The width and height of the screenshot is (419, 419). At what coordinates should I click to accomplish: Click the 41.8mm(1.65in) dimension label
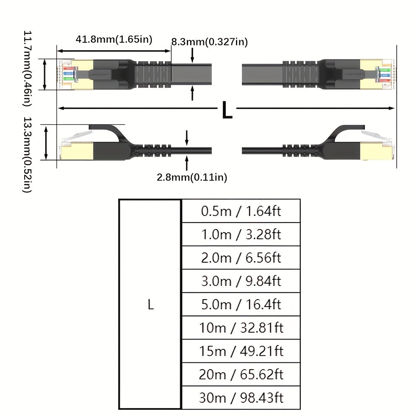tap(114, 40)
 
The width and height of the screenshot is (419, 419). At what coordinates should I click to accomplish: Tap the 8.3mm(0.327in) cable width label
tap(209, 42)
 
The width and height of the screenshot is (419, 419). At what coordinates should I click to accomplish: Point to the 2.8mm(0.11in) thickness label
tap(192, 177)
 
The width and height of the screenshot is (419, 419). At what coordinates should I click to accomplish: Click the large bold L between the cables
tap(227, 110)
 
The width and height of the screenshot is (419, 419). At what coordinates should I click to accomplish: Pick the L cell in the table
tap(150, 305)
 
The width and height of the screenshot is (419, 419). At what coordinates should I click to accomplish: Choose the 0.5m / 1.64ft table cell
tap(241, 211)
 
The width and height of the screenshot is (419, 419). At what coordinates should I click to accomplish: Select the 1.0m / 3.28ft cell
tap(241, 234)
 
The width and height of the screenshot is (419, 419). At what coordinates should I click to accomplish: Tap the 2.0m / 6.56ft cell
tap(241, 258)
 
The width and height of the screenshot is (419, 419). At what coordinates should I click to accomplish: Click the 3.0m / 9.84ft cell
tap(241, 281)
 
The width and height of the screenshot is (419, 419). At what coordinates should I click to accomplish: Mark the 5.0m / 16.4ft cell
tap(241, 304)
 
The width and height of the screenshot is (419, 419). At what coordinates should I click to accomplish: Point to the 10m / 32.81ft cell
tap(241, 328)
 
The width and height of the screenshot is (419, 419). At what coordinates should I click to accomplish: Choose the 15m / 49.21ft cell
tap(241, 351)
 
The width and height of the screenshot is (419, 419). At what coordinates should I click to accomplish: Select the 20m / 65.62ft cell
tap(241, 374)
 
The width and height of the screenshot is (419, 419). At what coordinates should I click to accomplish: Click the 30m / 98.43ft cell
tap(241, 398)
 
